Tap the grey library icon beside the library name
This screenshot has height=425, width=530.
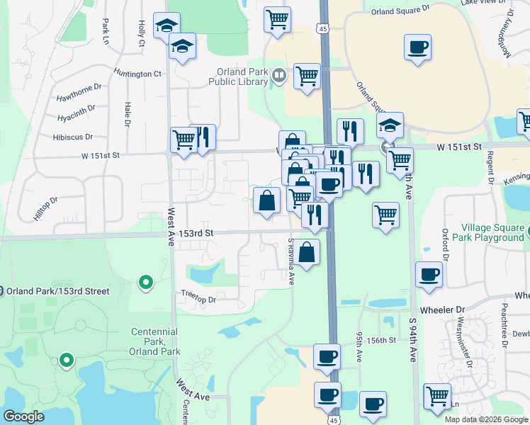(x=279, y=75)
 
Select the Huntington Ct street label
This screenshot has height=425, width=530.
(x=137, y=74)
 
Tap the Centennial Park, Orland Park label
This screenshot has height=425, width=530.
(x=156, y=341)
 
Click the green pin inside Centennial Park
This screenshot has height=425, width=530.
(x=67, y=361)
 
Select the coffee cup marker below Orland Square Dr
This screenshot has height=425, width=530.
(x=417, y=48)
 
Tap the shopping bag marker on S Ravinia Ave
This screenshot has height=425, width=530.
(x=308, y=252)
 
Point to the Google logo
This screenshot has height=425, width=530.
(x=23, y=416)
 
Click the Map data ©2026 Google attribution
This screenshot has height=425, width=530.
(x=486, y=419)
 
